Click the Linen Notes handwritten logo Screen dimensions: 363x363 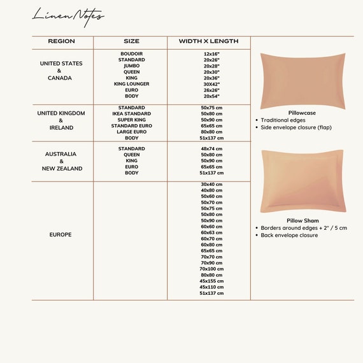click(68, 15)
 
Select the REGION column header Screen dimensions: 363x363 click(61, 41)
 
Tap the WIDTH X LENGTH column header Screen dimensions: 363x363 click(208, 41)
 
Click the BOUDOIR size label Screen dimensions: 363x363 click(131, 53)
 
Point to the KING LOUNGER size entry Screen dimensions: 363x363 click(131, 83)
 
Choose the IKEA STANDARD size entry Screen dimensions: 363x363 click(131, 114)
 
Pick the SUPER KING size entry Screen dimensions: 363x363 click(131, 120)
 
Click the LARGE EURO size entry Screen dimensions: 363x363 click(131, 132)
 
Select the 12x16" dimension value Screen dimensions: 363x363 click(211, 53)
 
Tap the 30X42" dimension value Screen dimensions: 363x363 click(211, 83)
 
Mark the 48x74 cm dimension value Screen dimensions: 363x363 click(211, 148)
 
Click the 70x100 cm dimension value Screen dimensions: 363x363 click(211, 269)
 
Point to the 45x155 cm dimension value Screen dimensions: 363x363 click(211, 281)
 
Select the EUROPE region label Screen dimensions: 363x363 click(60, 234)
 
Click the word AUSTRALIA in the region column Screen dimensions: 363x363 click(61, 154)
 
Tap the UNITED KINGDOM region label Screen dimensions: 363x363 click(62, 113)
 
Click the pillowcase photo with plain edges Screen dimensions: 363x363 click(302, 80)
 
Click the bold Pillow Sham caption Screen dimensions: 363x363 click(302, 220)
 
